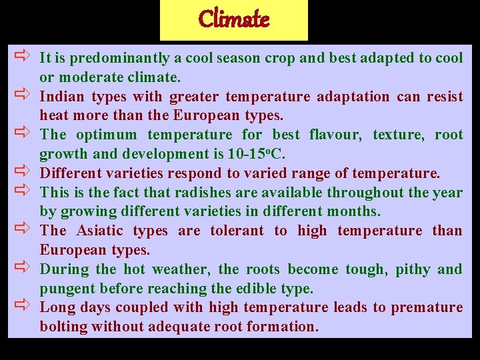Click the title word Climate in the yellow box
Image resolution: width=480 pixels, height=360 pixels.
(x=233, y=19)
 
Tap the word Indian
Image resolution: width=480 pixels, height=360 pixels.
(x=63, y=97)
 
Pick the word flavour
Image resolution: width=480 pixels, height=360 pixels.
(x=335, y=135)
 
